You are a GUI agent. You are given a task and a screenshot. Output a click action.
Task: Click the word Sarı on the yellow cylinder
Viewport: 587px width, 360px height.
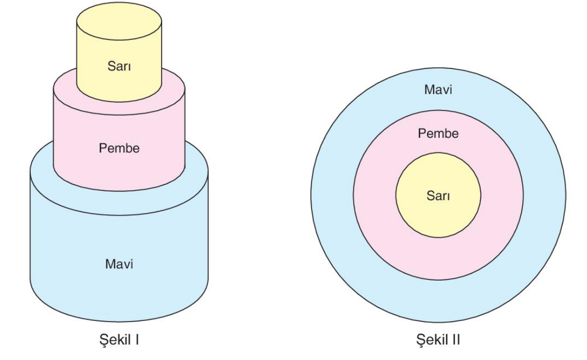[x=119, y=66]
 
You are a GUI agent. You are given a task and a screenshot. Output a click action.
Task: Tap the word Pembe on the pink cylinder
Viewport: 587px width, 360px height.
[x=119, y=149]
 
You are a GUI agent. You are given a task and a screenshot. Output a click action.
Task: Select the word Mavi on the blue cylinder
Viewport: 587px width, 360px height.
[x=119, y=264]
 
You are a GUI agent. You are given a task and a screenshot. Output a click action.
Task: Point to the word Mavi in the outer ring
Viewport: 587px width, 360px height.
[x=438, y=90]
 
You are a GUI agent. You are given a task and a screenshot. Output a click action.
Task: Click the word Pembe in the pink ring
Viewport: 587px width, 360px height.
[x=438, y=134]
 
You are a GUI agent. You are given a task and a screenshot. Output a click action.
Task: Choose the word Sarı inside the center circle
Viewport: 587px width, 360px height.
[x=438, y=196]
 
